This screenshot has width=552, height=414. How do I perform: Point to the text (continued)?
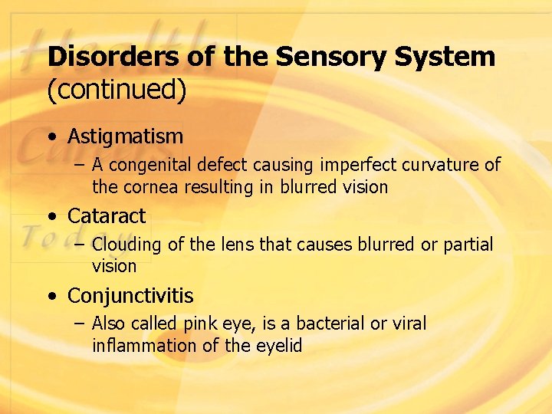[117, 90]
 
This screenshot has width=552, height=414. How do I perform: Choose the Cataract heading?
[107, 216]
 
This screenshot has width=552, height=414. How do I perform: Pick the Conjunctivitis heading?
[130, 296]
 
